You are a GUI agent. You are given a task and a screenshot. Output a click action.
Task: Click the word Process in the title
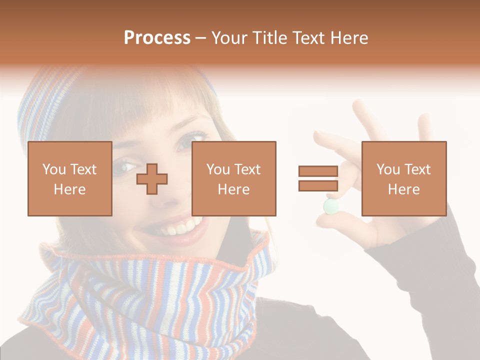pos(157,38)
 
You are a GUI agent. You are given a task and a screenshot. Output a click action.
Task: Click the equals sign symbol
pos(318,178)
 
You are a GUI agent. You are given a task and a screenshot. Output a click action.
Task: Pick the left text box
pos(69,178)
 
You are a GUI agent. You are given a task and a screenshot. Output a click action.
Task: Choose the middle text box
pos(233,178)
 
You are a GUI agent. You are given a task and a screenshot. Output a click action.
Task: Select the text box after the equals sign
pos(403,178)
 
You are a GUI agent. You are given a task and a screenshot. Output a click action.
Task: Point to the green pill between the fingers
pos(330,206)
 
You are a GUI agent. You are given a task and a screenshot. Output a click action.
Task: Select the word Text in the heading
pos(307,38)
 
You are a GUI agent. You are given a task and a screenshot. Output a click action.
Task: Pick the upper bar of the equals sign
pos(318,171)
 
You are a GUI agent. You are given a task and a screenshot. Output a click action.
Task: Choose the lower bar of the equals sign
pos(318,186)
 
